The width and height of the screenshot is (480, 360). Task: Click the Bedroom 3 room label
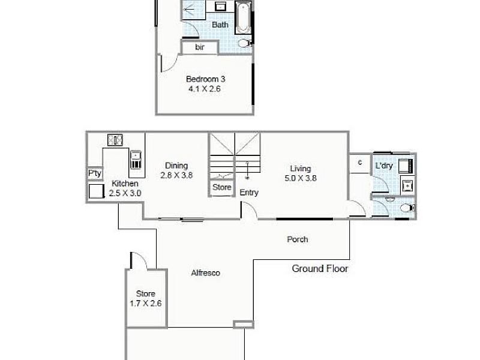click(x=205, y=79)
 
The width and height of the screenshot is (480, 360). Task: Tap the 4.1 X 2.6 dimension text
click(x=204, y=89)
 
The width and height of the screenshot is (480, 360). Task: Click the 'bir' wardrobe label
click(x=200, y=47)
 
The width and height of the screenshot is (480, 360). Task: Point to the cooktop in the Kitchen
click(x=115, y=140)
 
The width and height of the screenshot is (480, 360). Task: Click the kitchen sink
click(x=136, y=160)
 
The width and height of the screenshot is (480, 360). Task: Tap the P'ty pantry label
click(x=95, y=173)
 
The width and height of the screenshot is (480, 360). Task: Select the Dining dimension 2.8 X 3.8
click(x=176, y=175)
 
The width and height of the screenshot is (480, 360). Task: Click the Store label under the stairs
click(x=222, y=187)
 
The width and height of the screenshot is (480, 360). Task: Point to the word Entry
click(x=249, y=193)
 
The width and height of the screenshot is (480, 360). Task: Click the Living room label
click(x=301, y=169)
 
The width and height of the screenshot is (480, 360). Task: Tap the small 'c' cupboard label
click(x=360, y=162)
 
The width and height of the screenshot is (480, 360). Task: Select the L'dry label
click(x=384, y=166)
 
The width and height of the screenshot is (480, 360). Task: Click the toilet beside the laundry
click(x=407, y=208)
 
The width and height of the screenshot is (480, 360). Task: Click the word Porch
click(x=297, y=239)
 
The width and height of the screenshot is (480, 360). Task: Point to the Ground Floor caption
click(x=320, y=269)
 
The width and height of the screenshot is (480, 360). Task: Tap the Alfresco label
click(x=205, y=273)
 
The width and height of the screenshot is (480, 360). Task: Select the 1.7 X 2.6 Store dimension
click(x=146, y=304)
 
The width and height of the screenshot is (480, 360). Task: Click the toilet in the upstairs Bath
click(x=245, y=43)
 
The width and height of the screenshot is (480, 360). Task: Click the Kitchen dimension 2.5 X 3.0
click(x=125, y=193)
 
